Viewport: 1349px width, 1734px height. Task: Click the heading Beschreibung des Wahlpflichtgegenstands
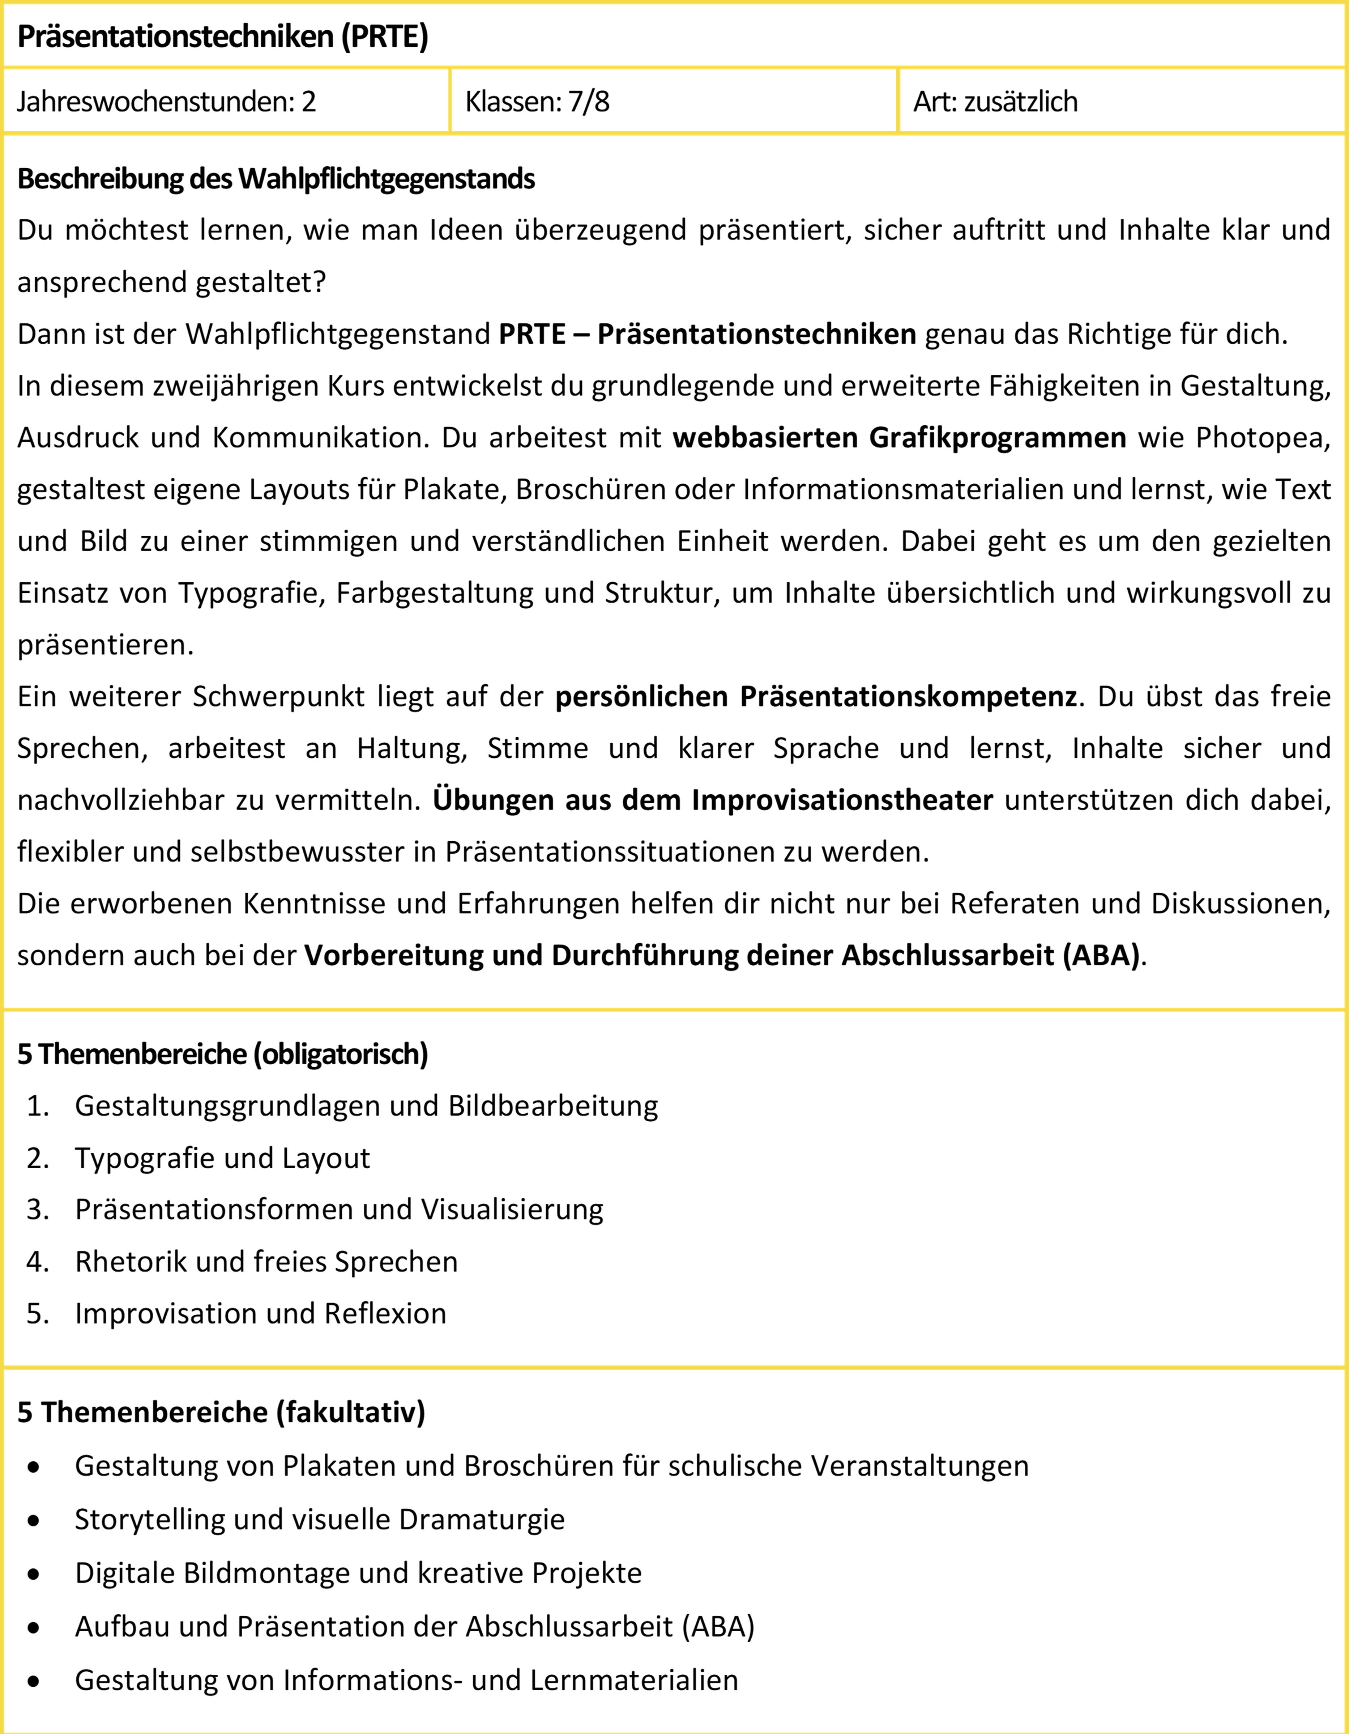click(x=276, y=179)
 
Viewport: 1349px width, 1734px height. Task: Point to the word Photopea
click(x=1262, y=437)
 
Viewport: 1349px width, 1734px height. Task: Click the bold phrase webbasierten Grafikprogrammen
click(x=899, y=437)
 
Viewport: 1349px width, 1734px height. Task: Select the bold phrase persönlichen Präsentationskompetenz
click(x=816, y=696)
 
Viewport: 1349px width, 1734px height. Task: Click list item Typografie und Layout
click(x=222, y=1157)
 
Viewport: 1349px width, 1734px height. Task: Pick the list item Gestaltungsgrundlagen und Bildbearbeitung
click(x=366, y=1106)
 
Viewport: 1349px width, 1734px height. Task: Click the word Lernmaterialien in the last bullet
click(x=634, y=1680)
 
